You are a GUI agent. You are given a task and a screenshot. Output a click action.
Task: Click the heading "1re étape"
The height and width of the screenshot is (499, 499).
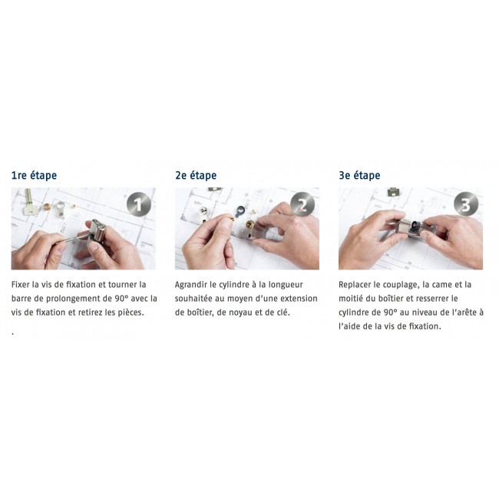point(34,175)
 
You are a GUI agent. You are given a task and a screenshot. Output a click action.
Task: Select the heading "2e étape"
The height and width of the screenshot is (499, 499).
point(196,175)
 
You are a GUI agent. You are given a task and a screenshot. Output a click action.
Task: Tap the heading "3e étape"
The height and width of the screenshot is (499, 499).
point(359,175)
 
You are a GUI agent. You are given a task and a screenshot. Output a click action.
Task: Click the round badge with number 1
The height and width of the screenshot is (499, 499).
point(138,204)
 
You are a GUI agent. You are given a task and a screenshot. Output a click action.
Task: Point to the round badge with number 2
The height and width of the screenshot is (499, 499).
point(302,204)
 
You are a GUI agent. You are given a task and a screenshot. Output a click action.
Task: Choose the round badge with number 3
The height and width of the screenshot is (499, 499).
point(466,204)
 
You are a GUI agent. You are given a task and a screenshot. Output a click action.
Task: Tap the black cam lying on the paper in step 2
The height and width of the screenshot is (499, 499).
point(240,210)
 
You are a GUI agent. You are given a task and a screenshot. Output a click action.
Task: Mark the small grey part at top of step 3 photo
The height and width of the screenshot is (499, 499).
point(394,192)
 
